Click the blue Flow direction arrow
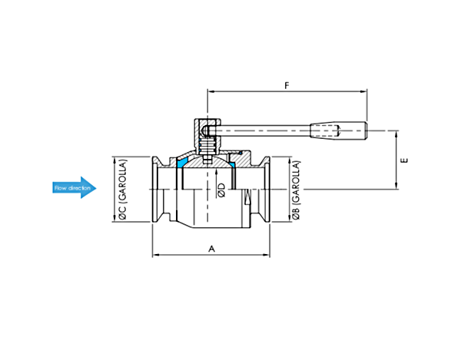click(x=75, y=187)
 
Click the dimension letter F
click(x=287, y=85)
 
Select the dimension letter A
click(x=212, y=249)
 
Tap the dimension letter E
click(x=405, y=160)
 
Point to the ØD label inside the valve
click(x=222, y=190)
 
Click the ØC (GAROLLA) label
click(x=123, y=190)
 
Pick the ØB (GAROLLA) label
click(x=296, y=190)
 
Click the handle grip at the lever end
click(x=339, y=130)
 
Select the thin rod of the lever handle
click(x=263, y=130)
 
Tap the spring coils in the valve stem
click(x=208, y=147)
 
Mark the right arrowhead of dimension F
click(x=363, y=91)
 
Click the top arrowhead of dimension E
click(x=396, y=134)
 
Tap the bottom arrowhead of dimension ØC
click(x=114, y=218)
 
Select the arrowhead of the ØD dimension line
click(x=216, y=172)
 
